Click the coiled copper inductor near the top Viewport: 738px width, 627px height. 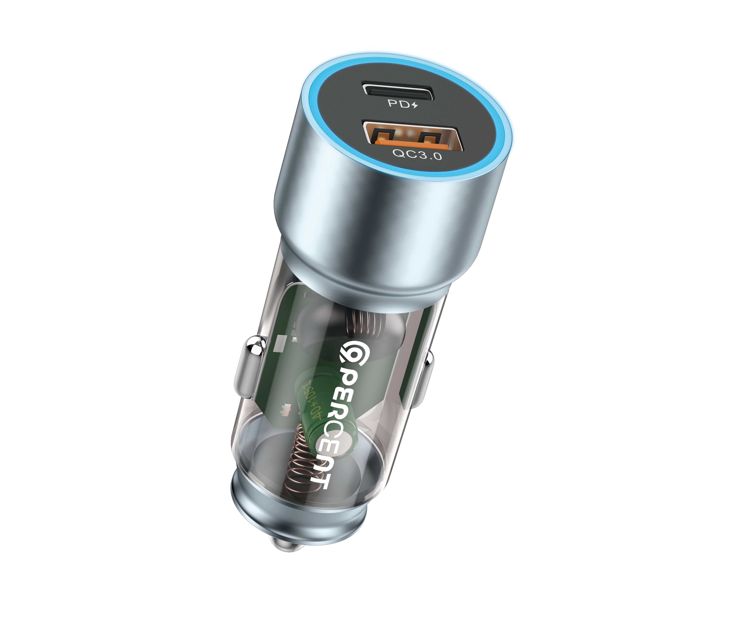365,322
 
